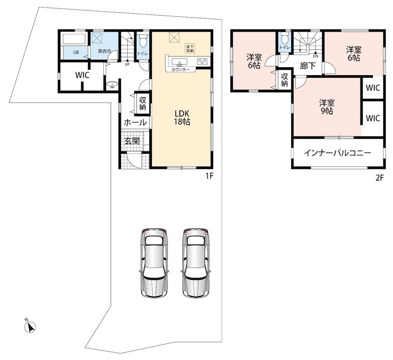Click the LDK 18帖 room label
[x=182, y=117]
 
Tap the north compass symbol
[x=30, y=326]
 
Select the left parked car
[x=154, y=263]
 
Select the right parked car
[x=196, y=263]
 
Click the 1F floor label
[x=209, y=176]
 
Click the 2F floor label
[x=379, y=178]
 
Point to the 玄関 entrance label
[x=132, y=141]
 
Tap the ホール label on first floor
[x=136, y=122]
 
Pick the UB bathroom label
[x=76, y=53]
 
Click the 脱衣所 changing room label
[x=104, y=51]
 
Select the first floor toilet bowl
[x=143, y=41]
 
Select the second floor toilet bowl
[x=284, y=38]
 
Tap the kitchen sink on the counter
[x=179, y=62]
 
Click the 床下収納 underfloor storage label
[x=190, y=49]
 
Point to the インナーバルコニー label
[x=337, y=153]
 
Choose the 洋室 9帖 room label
[x=327, y=107]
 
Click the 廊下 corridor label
[x=308, y=66]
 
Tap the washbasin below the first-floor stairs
[x=112, y=85]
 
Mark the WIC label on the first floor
[x=82, y=75]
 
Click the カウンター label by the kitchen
[x=180, y=69]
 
